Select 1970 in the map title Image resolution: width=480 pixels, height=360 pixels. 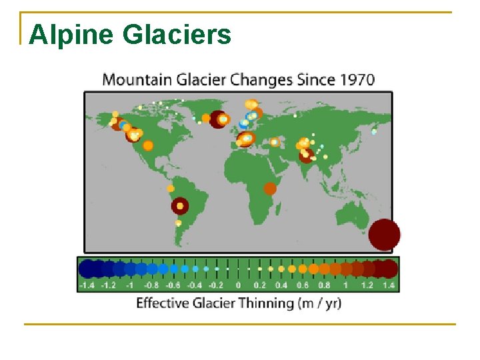point(357,80)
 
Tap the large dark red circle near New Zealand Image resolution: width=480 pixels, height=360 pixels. point(384,235)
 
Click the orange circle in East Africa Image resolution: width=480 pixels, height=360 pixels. point(270,189)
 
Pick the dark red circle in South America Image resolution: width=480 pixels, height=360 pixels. point(179,206)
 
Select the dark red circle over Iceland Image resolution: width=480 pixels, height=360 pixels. point(218,119)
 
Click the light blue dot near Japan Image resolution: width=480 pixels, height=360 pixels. point(374,131)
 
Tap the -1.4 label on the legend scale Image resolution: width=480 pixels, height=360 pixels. point(87,285)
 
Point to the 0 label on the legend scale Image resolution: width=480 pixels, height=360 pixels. point(238,285)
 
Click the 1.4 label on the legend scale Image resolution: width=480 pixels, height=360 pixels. point(389,285)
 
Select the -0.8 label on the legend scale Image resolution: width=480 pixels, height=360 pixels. point(152,285)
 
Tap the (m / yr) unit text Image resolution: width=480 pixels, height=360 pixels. point(319,303)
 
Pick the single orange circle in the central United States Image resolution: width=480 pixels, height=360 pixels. point(148,145)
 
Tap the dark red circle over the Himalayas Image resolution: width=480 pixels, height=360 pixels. point(306,155)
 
